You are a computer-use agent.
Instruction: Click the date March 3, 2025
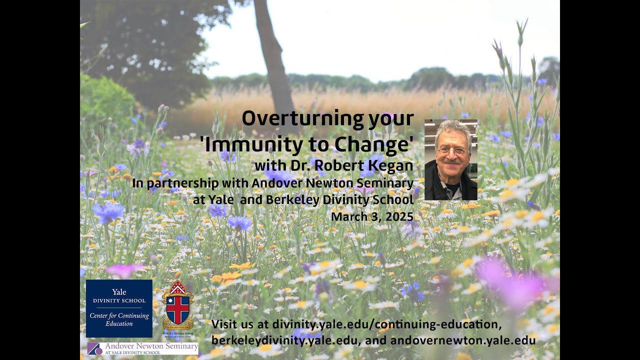pyautogui.click(x=372, y=216)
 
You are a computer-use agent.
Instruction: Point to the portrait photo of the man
pyautogui.click(x=450, y=159)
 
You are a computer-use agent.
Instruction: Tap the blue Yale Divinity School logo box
pyautogui.click(x=119, y=308)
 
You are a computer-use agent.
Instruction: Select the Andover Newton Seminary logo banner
pyautogui.click(x=142, y=348)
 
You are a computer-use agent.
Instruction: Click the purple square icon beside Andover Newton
pyautogui.click(x=94, y=348)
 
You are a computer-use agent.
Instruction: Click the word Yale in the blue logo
pyautogui.click(x=119, y=292)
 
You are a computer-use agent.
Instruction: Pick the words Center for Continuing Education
pyautogui.click(x=119, y=319)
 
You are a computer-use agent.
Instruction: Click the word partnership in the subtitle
pyautogui.click(x=180, y=183)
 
